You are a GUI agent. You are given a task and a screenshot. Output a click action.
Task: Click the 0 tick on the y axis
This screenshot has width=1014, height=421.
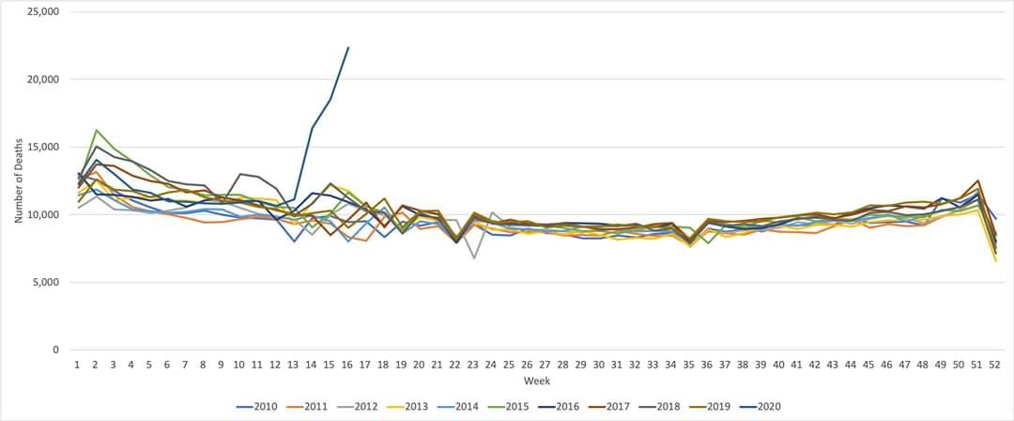tap(55, 350)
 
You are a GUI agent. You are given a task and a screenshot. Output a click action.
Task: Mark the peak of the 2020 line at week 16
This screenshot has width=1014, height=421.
tap(348, 47)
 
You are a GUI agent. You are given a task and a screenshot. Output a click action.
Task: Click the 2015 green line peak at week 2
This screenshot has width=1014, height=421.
tap(96, 130)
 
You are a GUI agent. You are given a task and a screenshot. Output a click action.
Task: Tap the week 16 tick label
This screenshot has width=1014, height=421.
tap(348, 364)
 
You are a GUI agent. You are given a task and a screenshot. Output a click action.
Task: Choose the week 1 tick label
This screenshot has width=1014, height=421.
tap(77, 364)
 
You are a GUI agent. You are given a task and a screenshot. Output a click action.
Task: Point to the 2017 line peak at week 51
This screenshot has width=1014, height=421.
tap(978, 180)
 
